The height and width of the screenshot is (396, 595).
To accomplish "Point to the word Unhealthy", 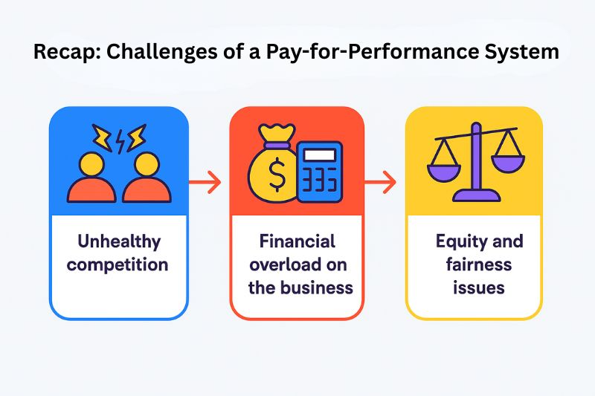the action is (x=119, y=242).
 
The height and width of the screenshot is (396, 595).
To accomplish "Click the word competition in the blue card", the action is (x=118, y=265).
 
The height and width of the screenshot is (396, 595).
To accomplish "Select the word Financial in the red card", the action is (x=297, y=241).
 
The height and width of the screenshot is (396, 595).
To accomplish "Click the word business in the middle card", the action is (x=319, y=288).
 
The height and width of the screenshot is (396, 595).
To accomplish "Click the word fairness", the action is (x=479, y=264).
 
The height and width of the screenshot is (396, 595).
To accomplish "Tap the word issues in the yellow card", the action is (x=479, y=288).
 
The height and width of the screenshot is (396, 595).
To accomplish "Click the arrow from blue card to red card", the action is (x=205, y=182).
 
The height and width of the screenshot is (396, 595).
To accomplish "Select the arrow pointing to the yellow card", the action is (x=380, y=182).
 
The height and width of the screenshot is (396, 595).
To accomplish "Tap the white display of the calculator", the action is (x=320, y=155).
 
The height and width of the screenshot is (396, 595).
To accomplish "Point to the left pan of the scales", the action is (x=444, y=172).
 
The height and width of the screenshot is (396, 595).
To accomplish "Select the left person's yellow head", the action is (x=91, y=164).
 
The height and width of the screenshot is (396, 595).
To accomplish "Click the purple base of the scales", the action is (x=477, y=196).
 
